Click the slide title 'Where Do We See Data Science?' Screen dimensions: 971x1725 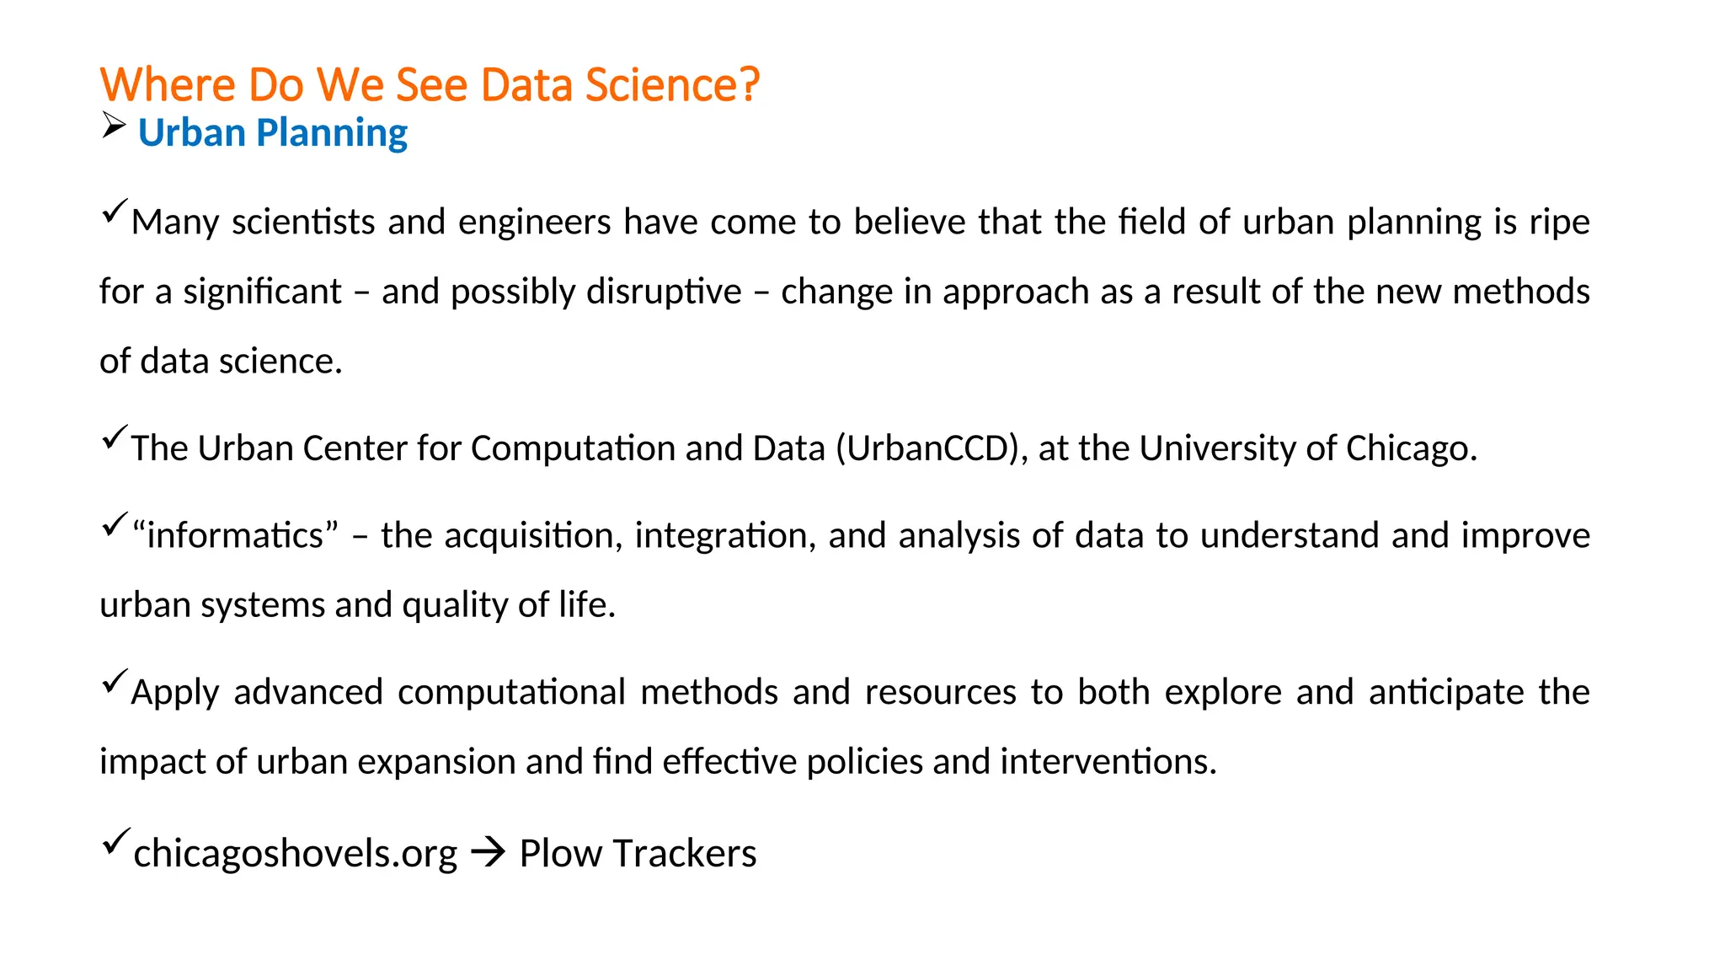(430, 84)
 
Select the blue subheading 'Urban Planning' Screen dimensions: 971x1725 (272, 133)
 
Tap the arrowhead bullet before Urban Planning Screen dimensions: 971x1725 (114, 126)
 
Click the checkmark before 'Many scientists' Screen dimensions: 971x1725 (114, 211)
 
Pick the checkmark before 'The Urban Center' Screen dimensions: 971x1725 (114, 437)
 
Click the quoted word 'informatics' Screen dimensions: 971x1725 (236, 536)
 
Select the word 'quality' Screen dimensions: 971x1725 (455, 605)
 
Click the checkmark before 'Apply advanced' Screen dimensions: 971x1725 (114, 681)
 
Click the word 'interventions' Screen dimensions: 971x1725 (1108, 762)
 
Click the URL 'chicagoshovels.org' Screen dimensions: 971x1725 (295, 854)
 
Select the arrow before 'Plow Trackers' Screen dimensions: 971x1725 (488, 853)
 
